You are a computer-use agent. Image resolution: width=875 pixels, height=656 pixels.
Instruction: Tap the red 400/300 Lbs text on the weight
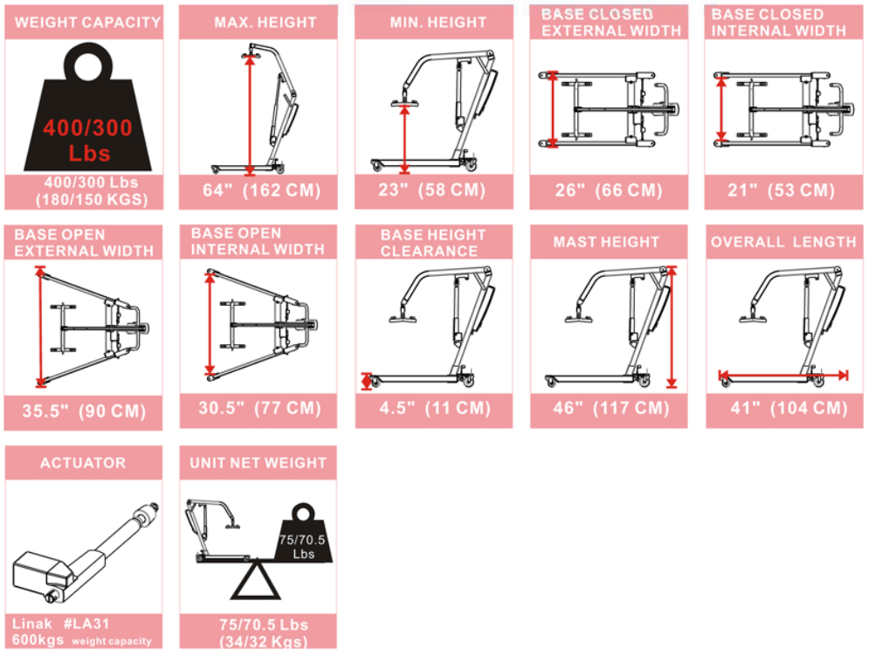tap(87, 140)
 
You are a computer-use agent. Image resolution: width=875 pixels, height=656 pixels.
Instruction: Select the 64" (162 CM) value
tap(258, 190)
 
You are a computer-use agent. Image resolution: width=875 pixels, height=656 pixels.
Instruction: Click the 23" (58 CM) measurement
tap(433, 190)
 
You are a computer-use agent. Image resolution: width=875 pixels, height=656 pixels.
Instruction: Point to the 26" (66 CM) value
tap(609, 190)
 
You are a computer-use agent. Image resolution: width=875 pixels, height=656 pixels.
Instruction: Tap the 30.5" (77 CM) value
tap(258, 408)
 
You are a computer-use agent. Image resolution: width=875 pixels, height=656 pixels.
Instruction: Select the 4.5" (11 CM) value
tap(433, 409)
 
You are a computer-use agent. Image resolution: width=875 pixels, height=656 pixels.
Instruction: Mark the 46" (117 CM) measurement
tap(609, 409)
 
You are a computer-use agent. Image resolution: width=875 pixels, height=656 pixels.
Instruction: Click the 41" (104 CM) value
tap(782, 408)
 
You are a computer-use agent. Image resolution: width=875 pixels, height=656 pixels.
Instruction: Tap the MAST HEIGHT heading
tap(607, 242)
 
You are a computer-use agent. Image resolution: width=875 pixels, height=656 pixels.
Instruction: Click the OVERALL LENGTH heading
tap(783, 242)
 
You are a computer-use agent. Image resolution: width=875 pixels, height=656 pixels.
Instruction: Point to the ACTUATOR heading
tap(83, 463)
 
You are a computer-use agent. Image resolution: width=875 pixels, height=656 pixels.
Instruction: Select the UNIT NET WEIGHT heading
tap(258, 463)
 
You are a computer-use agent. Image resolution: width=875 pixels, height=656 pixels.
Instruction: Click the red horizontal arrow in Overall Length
tap(782, 375)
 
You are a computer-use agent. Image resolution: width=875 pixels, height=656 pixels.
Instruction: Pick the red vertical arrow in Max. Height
tap(251, 114)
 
